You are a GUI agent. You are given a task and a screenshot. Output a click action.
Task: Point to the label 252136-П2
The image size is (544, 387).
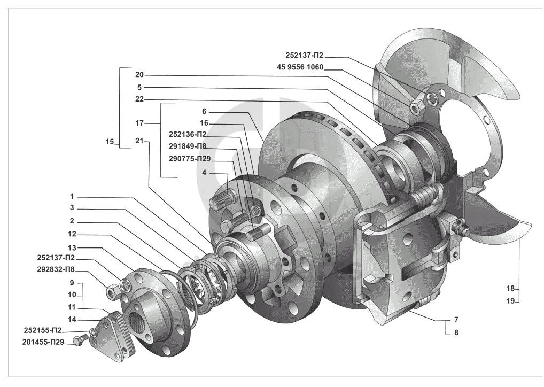click(x=188, y=134)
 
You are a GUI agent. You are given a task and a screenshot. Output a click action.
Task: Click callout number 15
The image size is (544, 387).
click(x=110, y=142)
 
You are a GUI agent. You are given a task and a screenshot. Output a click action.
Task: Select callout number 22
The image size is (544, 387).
click(x=139, y=99)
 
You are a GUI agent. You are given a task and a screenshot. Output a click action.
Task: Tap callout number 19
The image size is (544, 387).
click(x=510, y=301)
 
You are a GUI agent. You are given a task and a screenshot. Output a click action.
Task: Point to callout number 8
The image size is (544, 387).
click(x=456, y=332)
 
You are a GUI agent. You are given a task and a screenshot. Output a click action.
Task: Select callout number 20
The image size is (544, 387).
click(x=139, y=74)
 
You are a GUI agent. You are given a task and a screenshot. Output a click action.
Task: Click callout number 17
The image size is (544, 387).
click(x=139, y=123)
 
